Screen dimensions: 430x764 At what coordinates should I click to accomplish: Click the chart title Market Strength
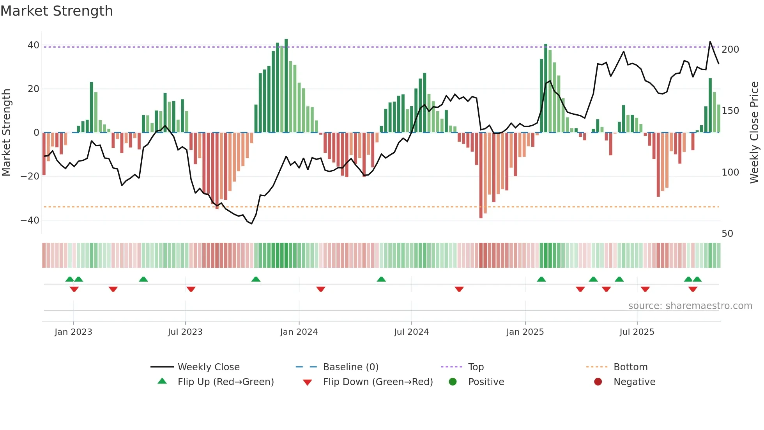[57, 11]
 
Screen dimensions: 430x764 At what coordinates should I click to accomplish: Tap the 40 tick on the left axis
[33, 45]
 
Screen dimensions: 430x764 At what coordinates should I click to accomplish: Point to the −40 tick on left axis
[30, 220]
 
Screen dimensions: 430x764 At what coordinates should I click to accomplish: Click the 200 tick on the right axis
[730, 50]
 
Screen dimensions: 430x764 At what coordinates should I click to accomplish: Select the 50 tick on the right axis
[727, 234]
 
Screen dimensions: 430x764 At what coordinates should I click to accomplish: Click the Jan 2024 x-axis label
[299, 332]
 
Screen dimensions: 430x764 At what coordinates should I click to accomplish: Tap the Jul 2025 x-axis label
[637, 332]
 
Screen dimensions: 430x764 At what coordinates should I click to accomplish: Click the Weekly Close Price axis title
[754, 133]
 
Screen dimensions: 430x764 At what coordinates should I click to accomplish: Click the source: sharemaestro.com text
[690, 306]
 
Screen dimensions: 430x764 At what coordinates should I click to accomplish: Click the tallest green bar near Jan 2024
[286, 86]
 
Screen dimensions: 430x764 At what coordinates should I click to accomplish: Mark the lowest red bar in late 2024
[481, 176]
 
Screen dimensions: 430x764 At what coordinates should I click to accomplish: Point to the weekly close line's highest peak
[710, 42]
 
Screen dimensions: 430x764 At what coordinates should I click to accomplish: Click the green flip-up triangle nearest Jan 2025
[541, 279]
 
